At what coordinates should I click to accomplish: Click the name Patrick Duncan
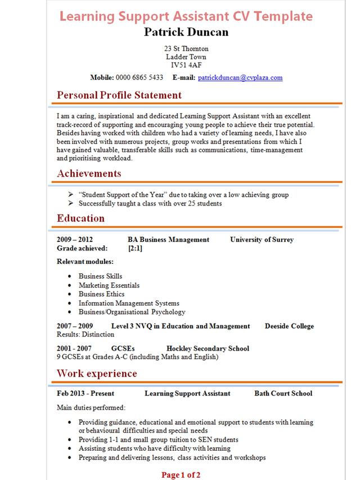click(x=186, y=32)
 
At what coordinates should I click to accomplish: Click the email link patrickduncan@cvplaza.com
click(x=240, y=78)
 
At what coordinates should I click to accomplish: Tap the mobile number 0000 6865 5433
click(x=139, y=78)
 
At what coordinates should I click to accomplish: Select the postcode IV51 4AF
click(x=186, y=65)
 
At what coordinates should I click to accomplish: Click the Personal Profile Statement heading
click(x=119, y=95)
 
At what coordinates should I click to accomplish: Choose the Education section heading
click(x=80, y=218)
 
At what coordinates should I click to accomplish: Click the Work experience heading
click(x=97, y=374)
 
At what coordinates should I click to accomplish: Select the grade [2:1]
click(x=135, y=248)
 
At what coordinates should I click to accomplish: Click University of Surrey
click(x=262, y=240)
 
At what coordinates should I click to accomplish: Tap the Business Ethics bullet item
click(x=102, y=294)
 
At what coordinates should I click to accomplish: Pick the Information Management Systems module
click(x=129, y=303)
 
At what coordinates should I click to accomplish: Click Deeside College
click(x=289, y=326)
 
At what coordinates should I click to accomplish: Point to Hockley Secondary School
click(x=208, y=349)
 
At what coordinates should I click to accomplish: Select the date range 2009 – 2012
click(x=75, y=240)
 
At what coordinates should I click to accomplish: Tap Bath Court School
click(x=283, y=394)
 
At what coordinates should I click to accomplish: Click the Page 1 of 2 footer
click(x=181, y=475)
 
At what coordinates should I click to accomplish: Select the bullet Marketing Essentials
click(x=109, y=285)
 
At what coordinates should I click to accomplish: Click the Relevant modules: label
click(x=85, y=262)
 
